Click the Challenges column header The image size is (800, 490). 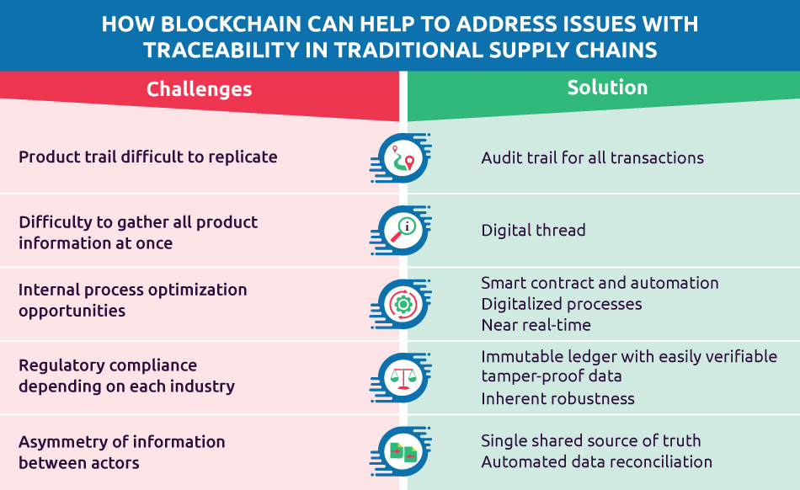[199, 89]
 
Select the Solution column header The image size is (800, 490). [607, 88]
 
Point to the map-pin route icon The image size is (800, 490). [401, 157]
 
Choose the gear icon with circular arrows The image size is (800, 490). [401, 303]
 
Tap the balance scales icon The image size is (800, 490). [401, 377]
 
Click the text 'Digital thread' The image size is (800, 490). [533, 230]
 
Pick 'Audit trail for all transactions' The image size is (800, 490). [592, 157]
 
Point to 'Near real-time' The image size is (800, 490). [536, 325]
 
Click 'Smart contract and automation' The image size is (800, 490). [600, 283]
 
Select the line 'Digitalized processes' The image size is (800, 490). [562, 304]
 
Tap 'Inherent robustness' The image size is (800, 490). [557, 398]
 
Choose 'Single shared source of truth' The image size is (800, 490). [590, 441]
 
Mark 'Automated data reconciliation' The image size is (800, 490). [596, 462]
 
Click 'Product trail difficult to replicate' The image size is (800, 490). [147, 157]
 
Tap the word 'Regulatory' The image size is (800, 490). [61, 365]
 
